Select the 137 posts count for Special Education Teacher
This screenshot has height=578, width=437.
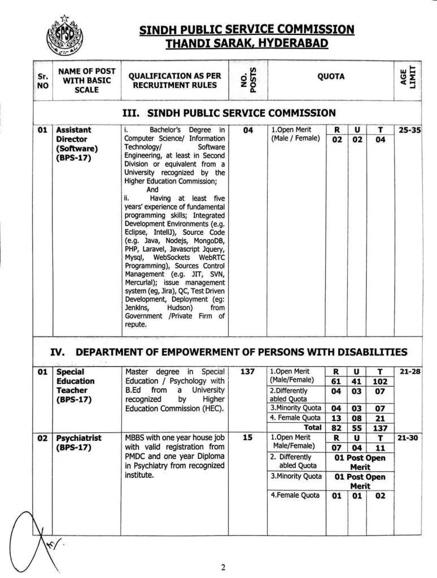click(247, 371)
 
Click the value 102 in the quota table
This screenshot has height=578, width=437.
click(379, 382)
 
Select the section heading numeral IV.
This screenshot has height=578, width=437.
click(59, 352)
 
